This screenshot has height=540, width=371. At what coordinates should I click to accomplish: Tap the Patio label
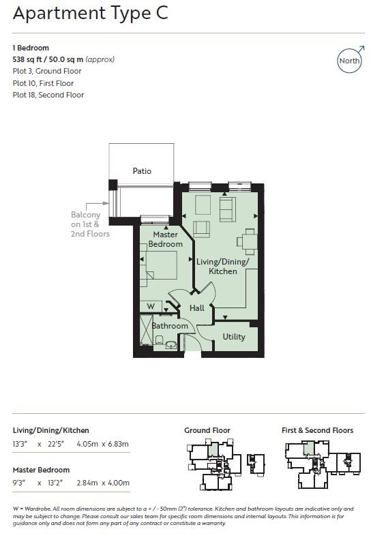(142, 171)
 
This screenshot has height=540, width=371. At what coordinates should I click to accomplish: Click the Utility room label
(234, 337)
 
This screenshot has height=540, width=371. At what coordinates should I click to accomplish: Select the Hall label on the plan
(197, 308)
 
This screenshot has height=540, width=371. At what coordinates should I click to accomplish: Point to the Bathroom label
(169, 326)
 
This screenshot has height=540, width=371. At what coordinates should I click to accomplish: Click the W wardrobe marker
(151, 306)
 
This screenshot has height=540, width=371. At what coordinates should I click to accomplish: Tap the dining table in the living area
(248, 241)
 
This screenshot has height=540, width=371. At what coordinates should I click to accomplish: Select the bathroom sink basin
(170, 345)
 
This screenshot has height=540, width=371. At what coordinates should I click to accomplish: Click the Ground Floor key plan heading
(207, 430)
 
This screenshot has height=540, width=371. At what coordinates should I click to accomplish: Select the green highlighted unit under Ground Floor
(213, 450)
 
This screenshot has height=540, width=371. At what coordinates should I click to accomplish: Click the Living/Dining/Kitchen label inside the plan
(223, 267)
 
